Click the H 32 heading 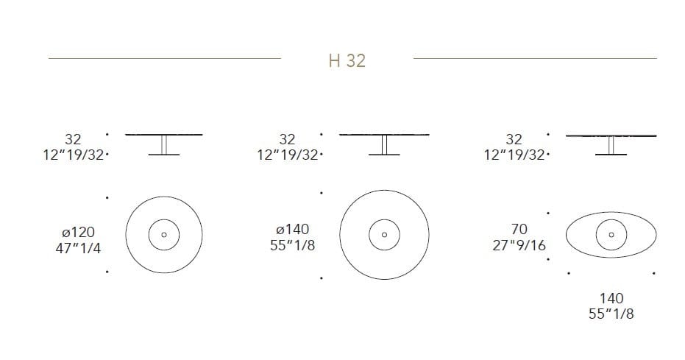click(x=347, y=60)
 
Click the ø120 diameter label click(x=78, y=232)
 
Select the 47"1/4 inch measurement click(x=78, y=248)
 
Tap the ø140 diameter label click(x=292, y=229)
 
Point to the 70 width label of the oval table click(x=519, y=229)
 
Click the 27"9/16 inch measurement click(x=519, y=245)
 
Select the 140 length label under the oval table click(x=611, y=298)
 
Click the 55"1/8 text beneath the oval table click(x=611, y=314)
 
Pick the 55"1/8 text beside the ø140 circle click(x=292, y=245)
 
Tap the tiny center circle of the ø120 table click(x=164, y=235)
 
